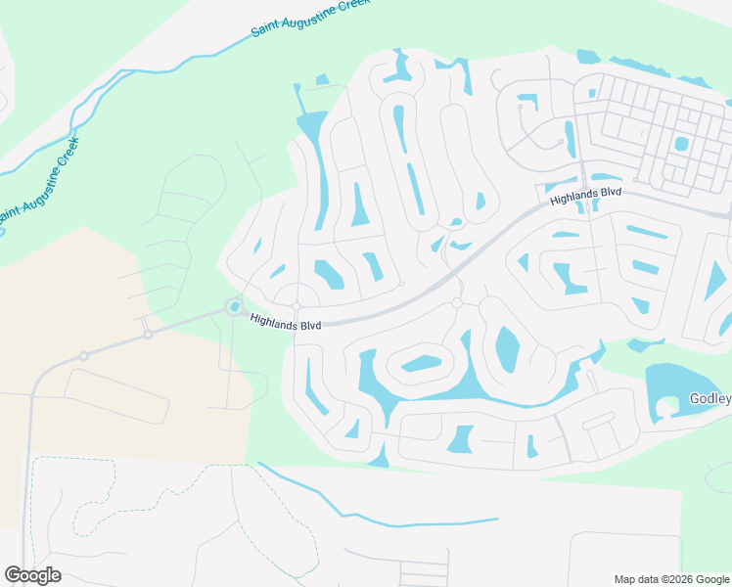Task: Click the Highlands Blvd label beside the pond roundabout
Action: click(x=286, y=321)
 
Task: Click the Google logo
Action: click(x=32, y=575)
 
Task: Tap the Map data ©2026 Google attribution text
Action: click(x=671, y=579)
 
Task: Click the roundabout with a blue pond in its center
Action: click(x=235, y=308)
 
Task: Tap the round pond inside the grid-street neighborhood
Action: click(x=681, y=144)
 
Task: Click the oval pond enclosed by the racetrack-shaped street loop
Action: click(x=422, y=364)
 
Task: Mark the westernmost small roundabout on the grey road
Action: click(x=84, y=355)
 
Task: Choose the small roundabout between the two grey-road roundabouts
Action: click(x=148, y=334)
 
